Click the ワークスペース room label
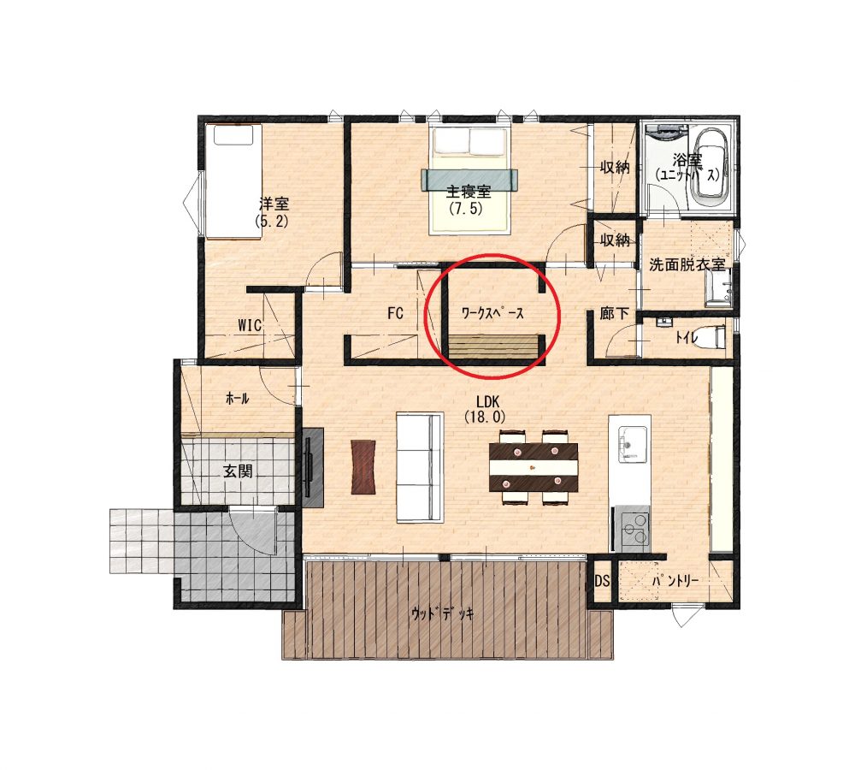[x=492, y=313]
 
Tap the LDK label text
[x=487, y=402]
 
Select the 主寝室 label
[x=469, y=192]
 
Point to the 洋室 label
[x=274, y=204]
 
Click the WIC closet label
[x=250, y=325]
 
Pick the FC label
[x=395, y=313]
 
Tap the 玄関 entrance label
[x=238, y=471]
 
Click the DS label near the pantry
[x=602, y=582]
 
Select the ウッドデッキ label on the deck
[x=442, y=613]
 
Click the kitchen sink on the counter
[x=632, y=442]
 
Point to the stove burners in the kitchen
[x=635, y=530]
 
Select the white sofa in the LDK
[x=419, y=468]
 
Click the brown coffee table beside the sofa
[x=363, y=467]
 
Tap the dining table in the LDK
[x=534, y=467]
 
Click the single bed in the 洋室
[x=233, y=181]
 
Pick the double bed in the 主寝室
[x=470, y=180]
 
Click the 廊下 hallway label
[x=615, y=313]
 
